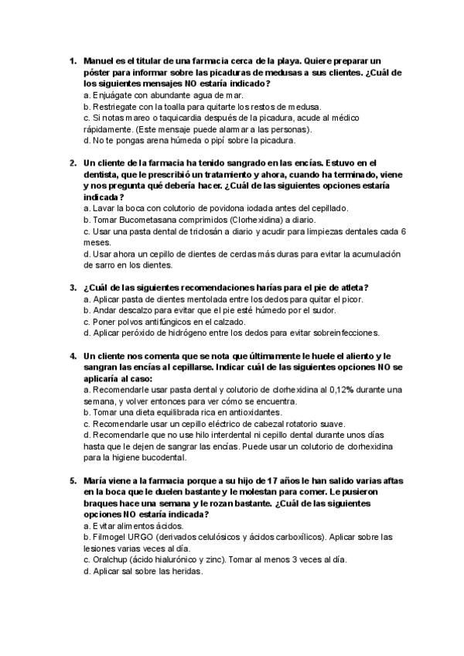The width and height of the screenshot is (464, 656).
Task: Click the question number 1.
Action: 72,60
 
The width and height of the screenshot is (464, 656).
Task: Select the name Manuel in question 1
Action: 99,60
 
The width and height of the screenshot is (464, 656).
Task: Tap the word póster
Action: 98,72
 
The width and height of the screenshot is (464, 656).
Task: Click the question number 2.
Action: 72,163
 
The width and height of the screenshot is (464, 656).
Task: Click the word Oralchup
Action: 114,560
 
